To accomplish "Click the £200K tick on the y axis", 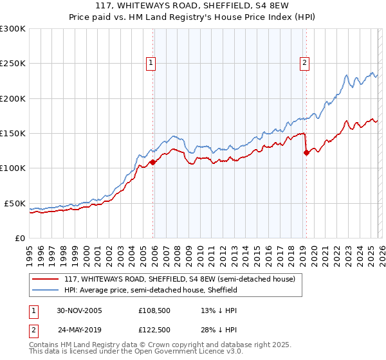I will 13,99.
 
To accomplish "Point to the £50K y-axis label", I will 15,203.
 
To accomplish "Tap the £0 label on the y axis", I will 19,238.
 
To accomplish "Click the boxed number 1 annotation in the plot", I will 151,63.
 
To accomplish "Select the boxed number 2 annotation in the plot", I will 304,63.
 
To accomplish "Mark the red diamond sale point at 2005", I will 153,163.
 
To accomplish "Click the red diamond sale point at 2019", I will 306,153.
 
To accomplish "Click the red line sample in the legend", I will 46,279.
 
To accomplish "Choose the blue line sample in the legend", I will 46,290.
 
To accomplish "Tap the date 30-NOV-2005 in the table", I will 79,310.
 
